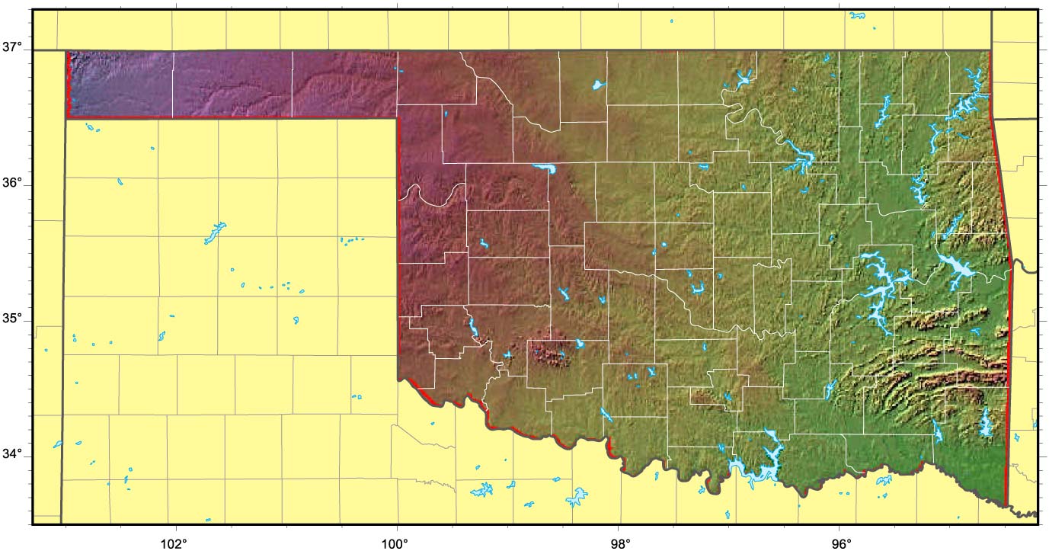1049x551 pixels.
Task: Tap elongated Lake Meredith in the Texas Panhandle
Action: click(x=215, y=233)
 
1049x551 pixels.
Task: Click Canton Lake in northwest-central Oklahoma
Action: click(x=544, y=168)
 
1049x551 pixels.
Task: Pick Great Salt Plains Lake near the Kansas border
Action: click(x=599, y=84)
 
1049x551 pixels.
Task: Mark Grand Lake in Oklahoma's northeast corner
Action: click(x=964, y=107)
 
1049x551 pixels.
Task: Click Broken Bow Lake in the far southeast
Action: click(x=986, y=423)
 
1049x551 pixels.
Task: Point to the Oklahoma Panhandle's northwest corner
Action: click(x=69, y=53)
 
